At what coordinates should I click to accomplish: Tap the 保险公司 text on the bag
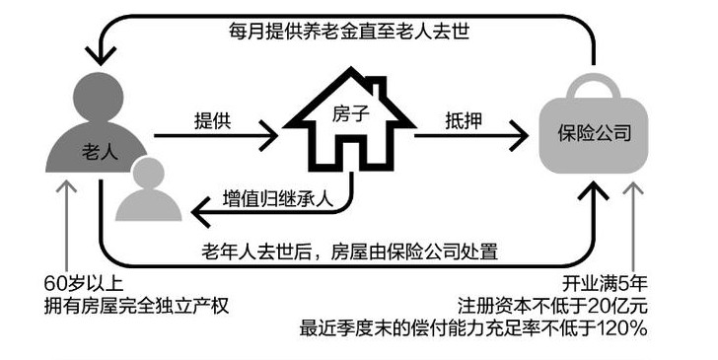pyautogui.click(x=596, y=131)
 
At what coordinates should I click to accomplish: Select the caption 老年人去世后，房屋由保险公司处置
pyautogui.click(x=349, y=251)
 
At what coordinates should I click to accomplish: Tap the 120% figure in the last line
pyautogui.click(x=620, y=327)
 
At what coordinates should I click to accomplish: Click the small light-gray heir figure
pyautogui.click(x=144, y=190)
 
